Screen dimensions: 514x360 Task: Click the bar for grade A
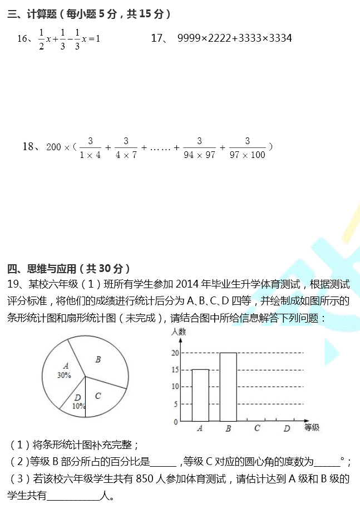click(x=200, y=395)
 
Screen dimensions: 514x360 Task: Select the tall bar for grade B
click(x=228, y=387)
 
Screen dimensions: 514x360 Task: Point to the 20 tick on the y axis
click(x=175, y=353)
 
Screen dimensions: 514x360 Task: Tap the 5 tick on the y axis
click(x=175, y=404)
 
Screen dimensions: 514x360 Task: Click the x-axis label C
click(x=257, y=428)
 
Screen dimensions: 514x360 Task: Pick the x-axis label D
click(x=287, y=428)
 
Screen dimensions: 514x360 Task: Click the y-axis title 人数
click(x=179, y=332)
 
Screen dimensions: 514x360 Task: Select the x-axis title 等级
click(x=312, y=427)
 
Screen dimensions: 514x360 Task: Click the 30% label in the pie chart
click(x=64, y=375)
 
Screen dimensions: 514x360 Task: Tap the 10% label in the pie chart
click(x=78, y=406)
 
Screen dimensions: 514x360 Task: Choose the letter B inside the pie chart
click(x=98, y=359)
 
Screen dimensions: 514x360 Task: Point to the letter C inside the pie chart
click(x=98, y=396)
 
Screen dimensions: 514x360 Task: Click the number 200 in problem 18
click(x=54, y=147)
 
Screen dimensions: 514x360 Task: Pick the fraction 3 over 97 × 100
click(x=247, y=147)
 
